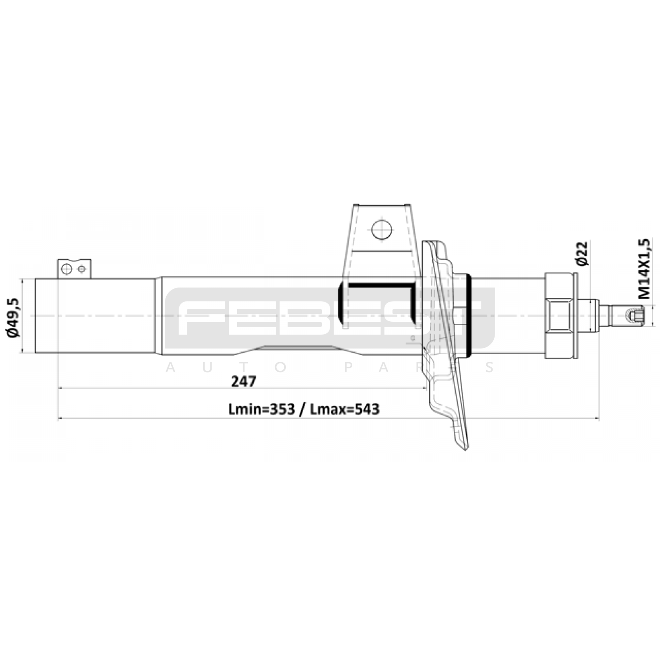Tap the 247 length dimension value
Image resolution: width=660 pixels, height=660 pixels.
tap(243, 381)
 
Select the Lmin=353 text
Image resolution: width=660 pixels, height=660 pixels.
tap(262, 409)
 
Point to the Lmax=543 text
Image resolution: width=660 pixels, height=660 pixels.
tap(344, 409)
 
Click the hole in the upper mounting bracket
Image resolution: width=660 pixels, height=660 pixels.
tap(382, 229)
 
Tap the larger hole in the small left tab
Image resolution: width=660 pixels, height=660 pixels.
tap(66, 269)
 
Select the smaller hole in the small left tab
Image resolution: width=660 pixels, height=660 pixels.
tap(82, 269)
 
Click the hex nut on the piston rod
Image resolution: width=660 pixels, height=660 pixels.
tap(560, 316)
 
